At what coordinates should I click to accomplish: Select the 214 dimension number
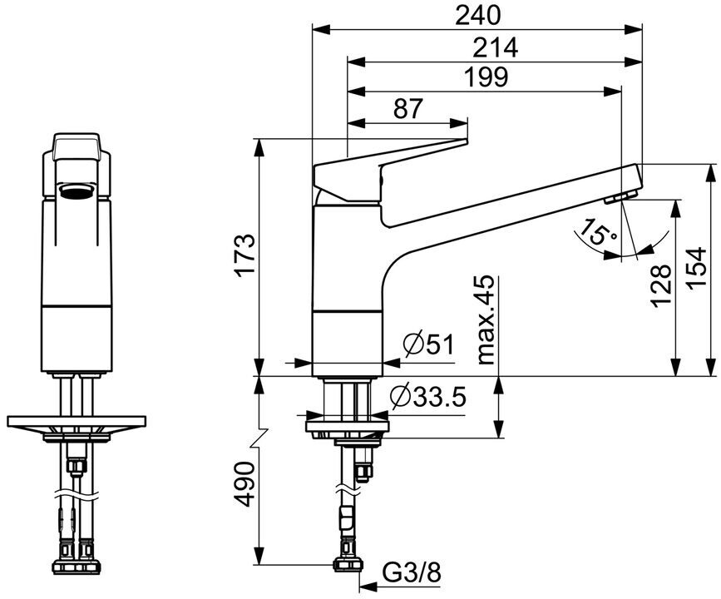[x=496, y=47]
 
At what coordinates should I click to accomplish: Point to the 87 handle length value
[x=407, y=108]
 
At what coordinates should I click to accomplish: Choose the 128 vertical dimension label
[x=662, y=285]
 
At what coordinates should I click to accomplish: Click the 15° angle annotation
[x=599, y=232]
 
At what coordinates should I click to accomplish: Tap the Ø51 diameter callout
[x=427, y=344]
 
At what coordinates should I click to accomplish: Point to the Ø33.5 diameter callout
[x=426, y=398]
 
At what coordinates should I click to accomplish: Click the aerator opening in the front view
[x=77, y=193]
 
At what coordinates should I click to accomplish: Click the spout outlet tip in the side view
[x=620, y=197]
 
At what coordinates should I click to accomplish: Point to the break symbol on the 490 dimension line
[x=260, y=436]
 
